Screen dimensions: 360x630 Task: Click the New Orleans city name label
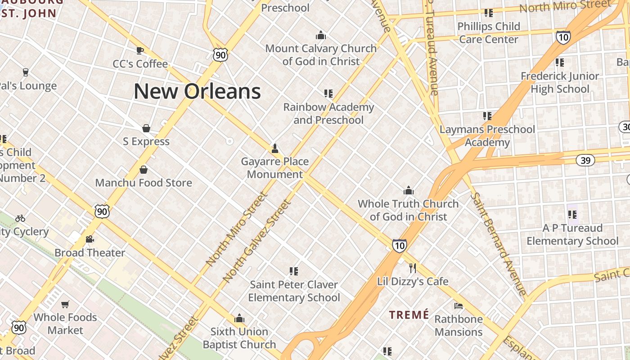(197, 91)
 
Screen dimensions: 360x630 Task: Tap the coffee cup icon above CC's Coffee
(140, 50)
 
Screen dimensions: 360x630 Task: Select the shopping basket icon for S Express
(146, 129)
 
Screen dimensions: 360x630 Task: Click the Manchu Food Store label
(144, 183)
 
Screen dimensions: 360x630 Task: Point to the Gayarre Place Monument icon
(274, 148)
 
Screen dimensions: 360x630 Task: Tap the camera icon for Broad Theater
(90, 239)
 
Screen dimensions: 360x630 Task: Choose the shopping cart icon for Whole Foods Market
(65, 304)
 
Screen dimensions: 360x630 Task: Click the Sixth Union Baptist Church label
(239, 338)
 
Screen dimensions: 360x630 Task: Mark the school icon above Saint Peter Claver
(294, 271)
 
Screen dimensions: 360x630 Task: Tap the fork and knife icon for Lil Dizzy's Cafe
(413, 268)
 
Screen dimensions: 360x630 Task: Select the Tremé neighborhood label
(409, 315)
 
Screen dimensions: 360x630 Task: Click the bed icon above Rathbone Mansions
(459, 306)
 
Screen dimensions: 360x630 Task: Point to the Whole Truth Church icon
(409, 190)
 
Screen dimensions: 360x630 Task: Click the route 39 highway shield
(585, 160)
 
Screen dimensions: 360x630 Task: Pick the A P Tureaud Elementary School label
(572, 234)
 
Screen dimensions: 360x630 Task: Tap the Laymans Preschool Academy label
(487, 136)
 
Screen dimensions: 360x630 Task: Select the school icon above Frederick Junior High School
(560, 62)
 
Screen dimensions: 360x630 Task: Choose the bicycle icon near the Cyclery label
(20, 218)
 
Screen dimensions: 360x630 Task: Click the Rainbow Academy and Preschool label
(328, 113)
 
